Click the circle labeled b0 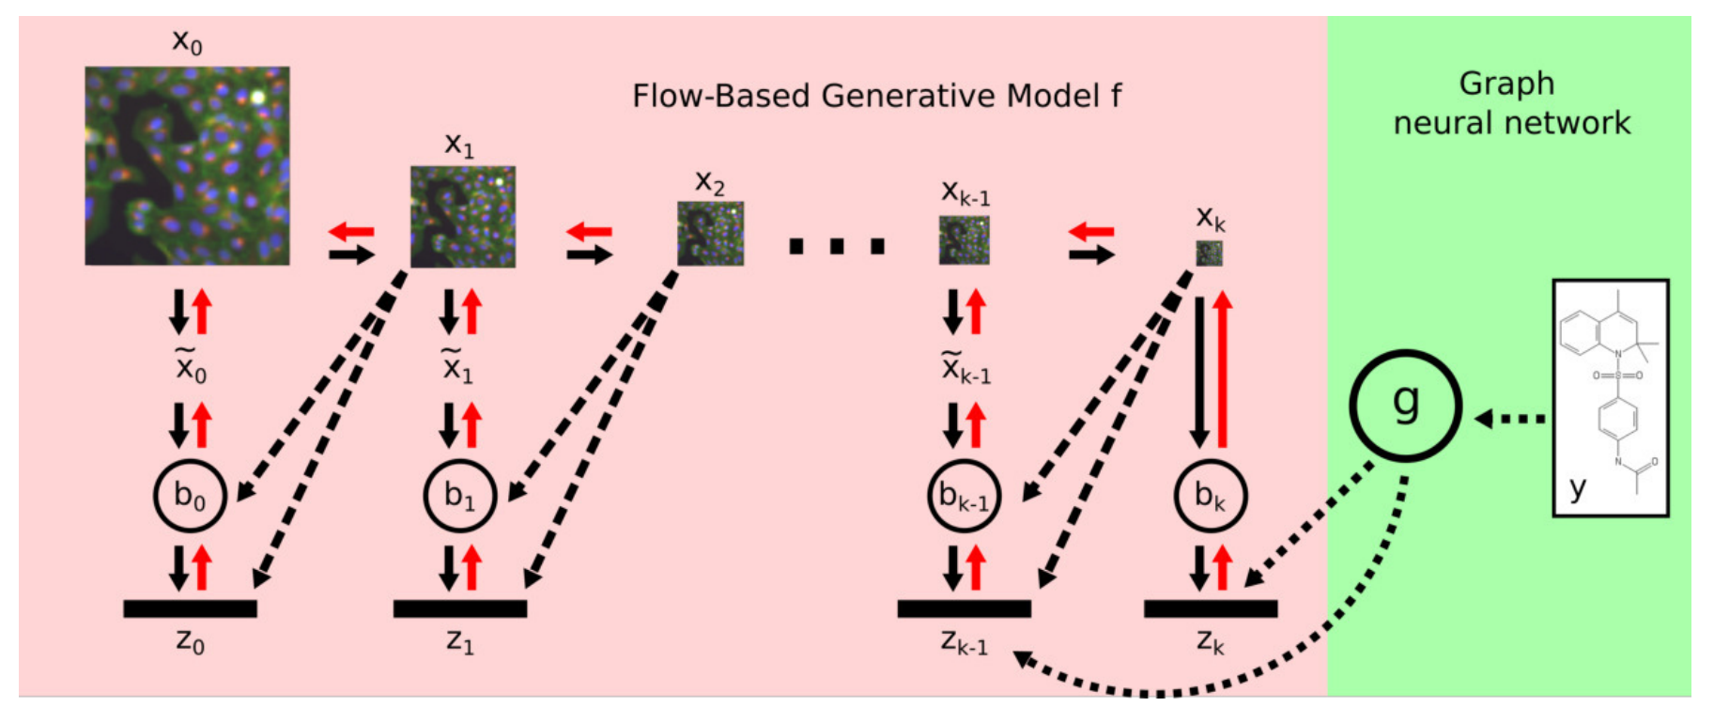coord(190,496)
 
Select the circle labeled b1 coord(459,496)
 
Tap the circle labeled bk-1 coord(964,496)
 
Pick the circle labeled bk coord(1210,496)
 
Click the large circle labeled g coord(1405,405)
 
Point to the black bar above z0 coord(190,608)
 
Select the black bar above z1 coord(459,608)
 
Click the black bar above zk coord(1210,608)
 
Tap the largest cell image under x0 coord(187,165)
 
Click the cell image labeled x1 coord(462,217)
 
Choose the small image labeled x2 coord(710,233)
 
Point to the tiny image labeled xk coord(1209,253)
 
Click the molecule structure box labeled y coord(1611,397)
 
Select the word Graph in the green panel coord(1506,84)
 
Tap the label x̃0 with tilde coord(191,366)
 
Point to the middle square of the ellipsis coord(836,246)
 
